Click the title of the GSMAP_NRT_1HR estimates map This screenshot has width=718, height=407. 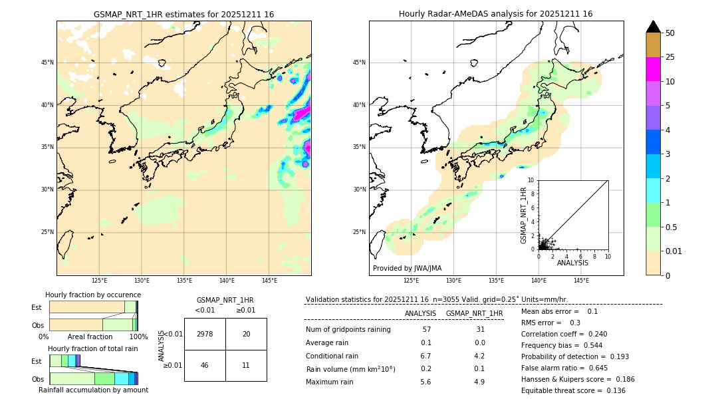tap(183, 14)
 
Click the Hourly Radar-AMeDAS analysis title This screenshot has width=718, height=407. tap(495, 14)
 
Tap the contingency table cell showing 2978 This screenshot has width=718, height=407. tap(205, 334)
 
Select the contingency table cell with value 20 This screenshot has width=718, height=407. tap(246, 334)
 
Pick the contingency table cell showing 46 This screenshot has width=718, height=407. tap(205, 365)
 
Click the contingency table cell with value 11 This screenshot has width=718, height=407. tap(246, 365)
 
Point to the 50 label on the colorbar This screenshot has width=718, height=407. tap(670, 33)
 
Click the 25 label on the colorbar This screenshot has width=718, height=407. tap(670, 57)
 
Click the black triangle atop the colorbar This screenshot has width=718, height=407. tap(654, 27)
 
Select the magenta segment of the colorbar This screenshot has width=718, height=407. tap(654, 69)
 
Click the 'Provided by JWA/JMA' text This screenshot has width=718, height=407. tap(407, 268)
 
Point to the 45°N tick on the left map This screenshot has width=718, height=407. tap(47, 63)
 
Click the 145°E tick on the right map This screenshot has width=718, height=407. tap(581, 281)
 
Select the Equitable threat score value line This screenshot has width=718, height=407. tap(573, 390)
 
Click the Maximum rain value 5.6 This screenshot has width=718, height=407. tap(425, 382)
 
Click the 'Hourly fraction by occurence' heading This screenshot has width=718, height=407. tap(93, 295)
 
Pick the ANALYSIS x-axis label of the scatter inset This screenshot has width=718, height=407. tap(572, 263)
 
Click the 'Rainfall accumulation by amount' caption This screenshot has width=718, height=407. tap(93, 390)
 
